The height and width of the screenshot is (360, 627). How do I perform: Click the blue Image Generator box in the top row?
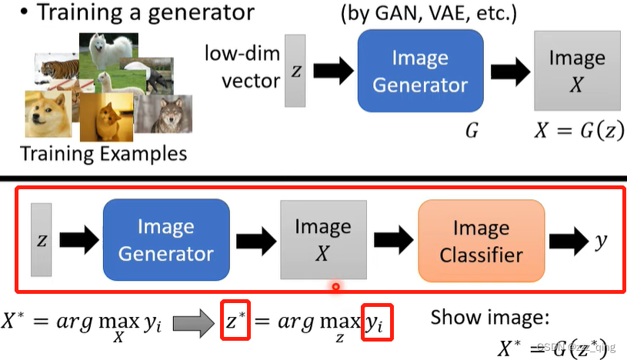tap(419, 71)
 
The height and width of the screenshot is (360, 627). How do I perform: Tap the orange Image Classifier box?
tap(481, 240)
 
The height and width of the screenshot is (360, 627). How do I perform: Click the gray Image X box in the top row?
tap(576, 71)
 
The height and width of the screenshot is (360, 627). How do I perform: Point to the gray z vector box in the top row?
tap(295, 70)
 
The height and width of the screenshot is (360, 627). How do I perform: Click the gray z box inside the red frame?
tap(42, 239)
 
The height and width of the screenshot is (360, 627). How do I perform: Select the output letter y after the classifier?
tap(600, 240)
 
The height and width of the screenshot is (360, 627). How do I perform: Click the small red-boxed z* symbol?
tap(236, 322)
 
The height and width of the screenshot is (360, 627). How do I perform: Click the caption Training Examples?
tap(103, 153)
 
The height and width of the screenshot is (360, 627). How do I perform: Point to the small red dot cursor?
tap(335, 287)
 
